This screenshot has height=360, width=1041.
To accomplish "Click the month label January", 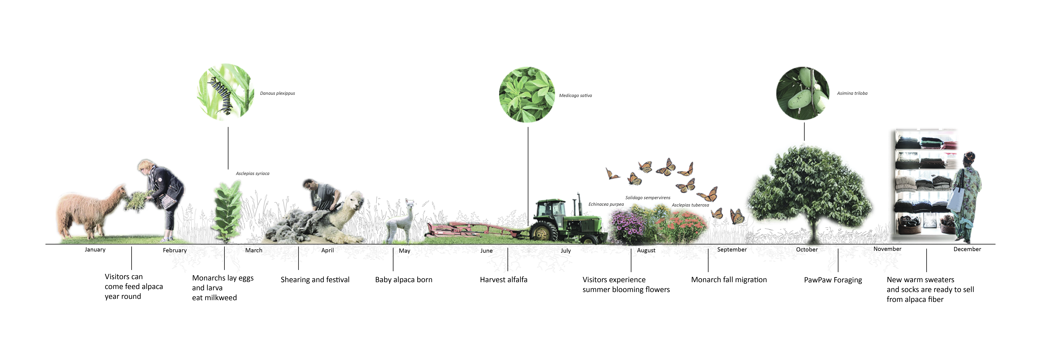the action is pos(95,250).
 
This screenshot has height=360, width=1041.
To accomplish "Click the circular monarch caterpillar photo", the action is pos(226,92).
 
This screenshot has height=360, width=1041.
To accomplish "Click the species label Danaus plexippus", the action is pos(277,93).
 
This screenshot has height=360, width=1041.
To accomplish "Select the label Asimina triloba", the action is pos(852,93).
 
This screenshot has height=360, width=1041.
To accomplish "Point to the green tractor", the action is pos(566,220).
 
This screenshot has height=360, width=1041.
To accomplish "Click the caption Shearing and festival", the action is pos(315,280).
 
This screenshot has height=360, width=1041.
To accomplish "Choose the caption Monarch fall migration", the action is pos(729,280).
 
